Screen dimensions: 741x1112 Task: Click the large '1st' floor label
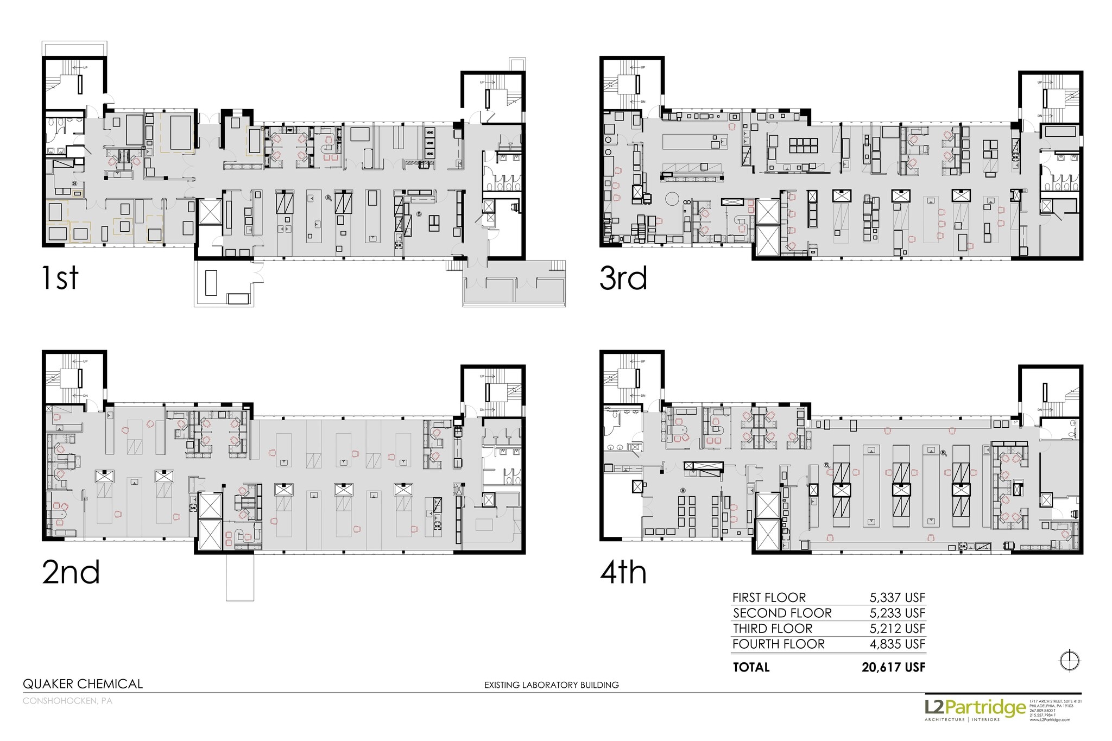60,278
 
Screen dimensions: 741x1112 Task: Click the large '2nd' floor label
71,572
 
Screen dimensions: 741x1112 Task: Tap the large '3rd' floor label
623,278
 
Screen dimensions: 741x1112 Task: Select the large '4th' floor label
623,572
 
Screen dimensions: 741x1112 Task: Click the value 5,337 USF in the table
897,598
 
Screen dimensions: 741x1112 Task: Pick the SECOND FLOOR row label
782,613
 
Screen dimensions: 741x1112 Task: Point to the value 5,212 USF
897,629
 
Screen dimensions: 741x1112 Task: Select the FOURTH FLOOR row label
778,644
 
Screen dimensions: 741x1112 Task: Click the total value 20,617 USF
893,667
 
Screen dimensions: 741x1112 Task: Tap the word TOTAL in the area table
751,667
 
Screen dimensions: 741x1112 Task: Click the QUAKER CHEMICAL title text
83,684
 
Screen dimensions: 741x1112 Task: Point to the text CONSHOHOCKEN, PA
67,701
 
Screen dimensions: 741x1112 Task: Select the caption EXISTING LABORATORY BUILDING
551,685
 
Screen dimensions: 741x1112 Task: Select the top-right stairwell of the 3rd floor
1050,98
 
